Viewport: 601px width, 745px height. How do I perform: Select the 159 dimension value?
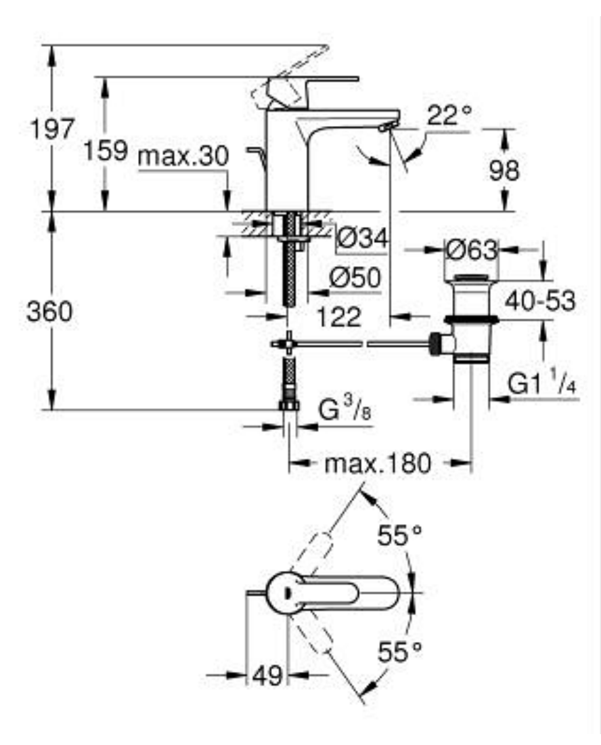tap(106, 150)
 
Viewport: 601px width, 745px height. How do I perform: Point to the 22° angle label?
tap(449, 115)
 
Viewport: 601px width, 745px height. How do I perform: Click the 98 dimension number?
tap(504, 170)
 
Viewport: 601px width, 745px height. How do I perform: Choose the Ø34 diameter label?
tap(361, 238)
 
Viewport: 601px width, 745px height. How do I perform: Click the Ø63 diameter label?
tap(472, 249)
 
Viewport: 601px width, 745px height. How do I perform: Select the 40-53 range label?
tap(540, 301)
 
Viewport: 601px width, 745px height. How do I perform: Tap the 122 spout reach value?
tap(339, 316)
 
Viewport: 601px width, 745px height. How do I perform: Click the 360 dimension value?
tap(50, 312)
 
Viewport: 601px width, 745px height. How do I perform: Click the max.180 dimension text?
tap(378, 463)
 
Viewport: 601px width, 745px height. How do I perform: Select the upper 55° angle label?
tap(399, 536)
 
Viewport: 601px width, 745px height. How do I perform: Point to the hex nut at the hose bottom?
tap(289, 405)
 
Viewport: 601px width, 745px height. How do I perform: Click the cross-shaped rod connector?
tap(288, 343)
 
